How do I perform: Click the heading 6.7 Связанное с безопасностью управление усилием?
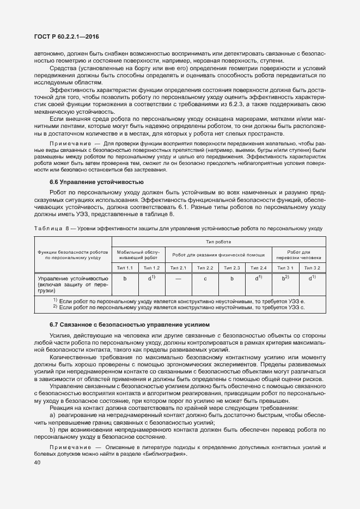coord(130,325)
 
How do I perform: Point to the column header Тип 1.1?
coord(125,268)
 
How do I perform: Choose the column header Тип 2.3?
coord(233,268)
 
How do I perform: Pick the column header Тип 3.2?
coord(313,268)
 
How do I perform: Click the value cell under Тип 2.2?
coord(205,278)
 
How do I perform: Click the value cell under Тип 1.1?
coord(125,278)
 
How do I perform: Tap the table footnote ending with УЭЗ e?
coord(180,301)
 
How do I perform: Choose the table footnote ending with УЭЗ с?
coord(180,308)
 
